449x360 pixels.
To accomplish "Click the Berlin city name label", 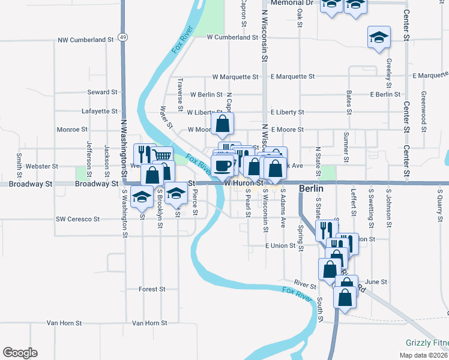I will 312,189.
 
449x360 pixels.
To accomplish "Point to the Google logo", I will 20,353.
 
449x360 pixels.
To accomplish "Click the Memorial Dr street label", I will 292,3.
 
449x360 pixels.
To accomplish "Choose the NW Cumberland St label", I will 86,40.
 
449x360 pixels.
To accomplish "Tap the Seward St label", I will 102,92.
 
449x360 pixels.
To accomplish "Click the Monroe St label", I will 72,129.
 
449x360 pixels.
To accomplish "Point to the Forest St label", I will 151,289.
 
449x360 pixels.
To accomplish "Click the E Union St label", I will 280,245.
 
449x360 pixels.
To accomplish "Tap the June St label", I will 376,281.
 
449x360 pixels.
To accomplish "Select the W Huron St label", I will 244,182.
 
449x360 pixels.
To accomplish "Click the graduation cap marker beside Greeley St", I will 379,38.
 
